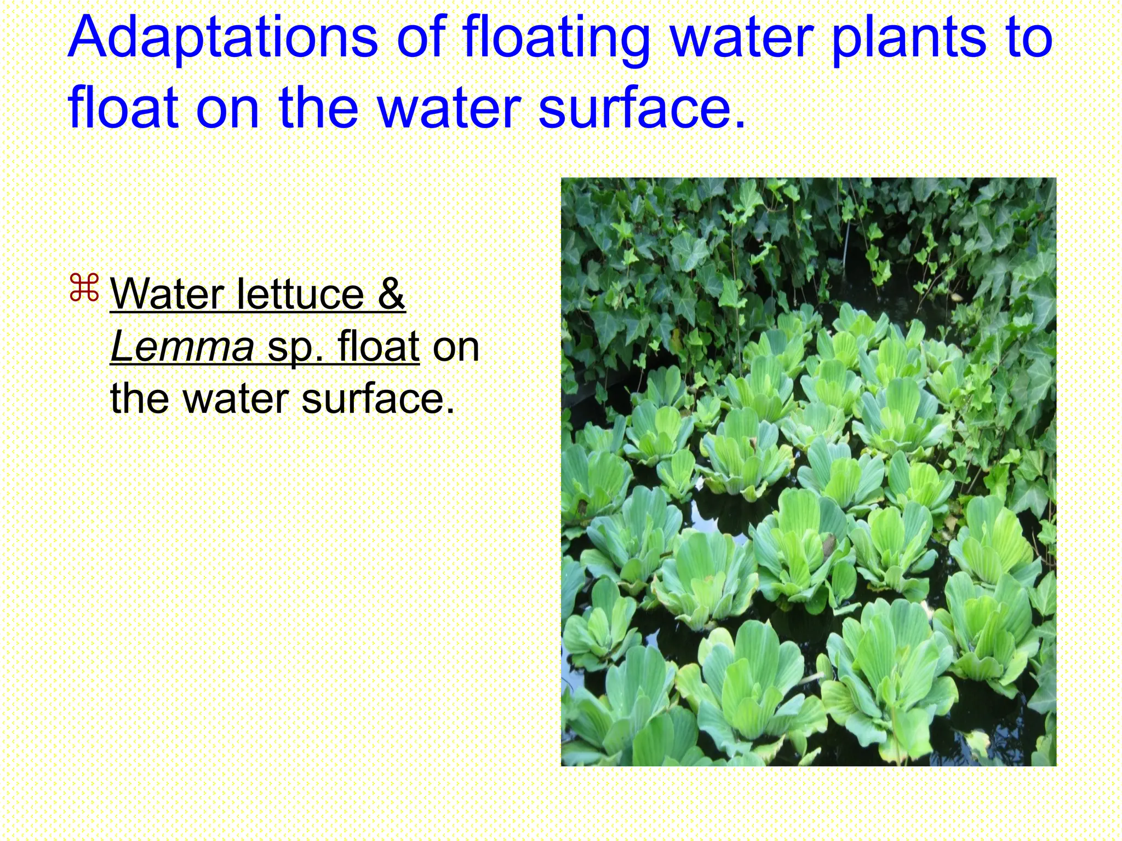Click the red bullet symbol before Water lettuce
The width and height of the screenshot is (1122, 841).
coord(84,289)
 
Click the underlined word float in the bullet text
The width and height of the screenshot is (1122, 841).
coord(378,346)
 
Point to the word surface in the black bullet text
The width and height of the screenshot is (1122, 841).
coord(377,398)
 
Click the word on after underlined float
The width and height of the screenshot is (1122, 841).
coord(456,346)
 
